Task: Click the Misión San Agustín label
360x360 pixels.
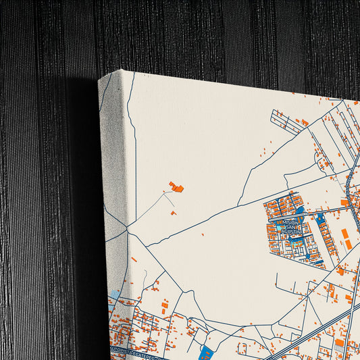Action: tap(290, 226)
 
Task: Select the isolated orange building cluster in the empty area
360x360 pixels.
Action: tap(177, 186)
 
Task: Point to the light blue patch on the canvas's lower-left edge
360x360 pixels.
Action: tap(113, 297)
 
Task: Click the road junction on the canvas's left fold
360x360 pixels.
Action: tap(127, 230)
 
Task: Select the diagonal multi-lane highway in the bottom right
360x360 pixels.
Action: tap(317, 331)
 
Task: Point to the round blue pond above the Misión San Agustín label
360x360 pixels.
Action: tap(300, 210)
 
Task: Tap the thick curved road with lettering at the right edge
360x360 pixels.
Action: tap(351, 196)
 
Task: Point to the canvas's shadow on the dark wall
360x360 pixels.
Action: tap(84, 203)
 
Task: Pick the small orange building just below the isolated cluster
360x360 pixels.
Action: tap(173, 213)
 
